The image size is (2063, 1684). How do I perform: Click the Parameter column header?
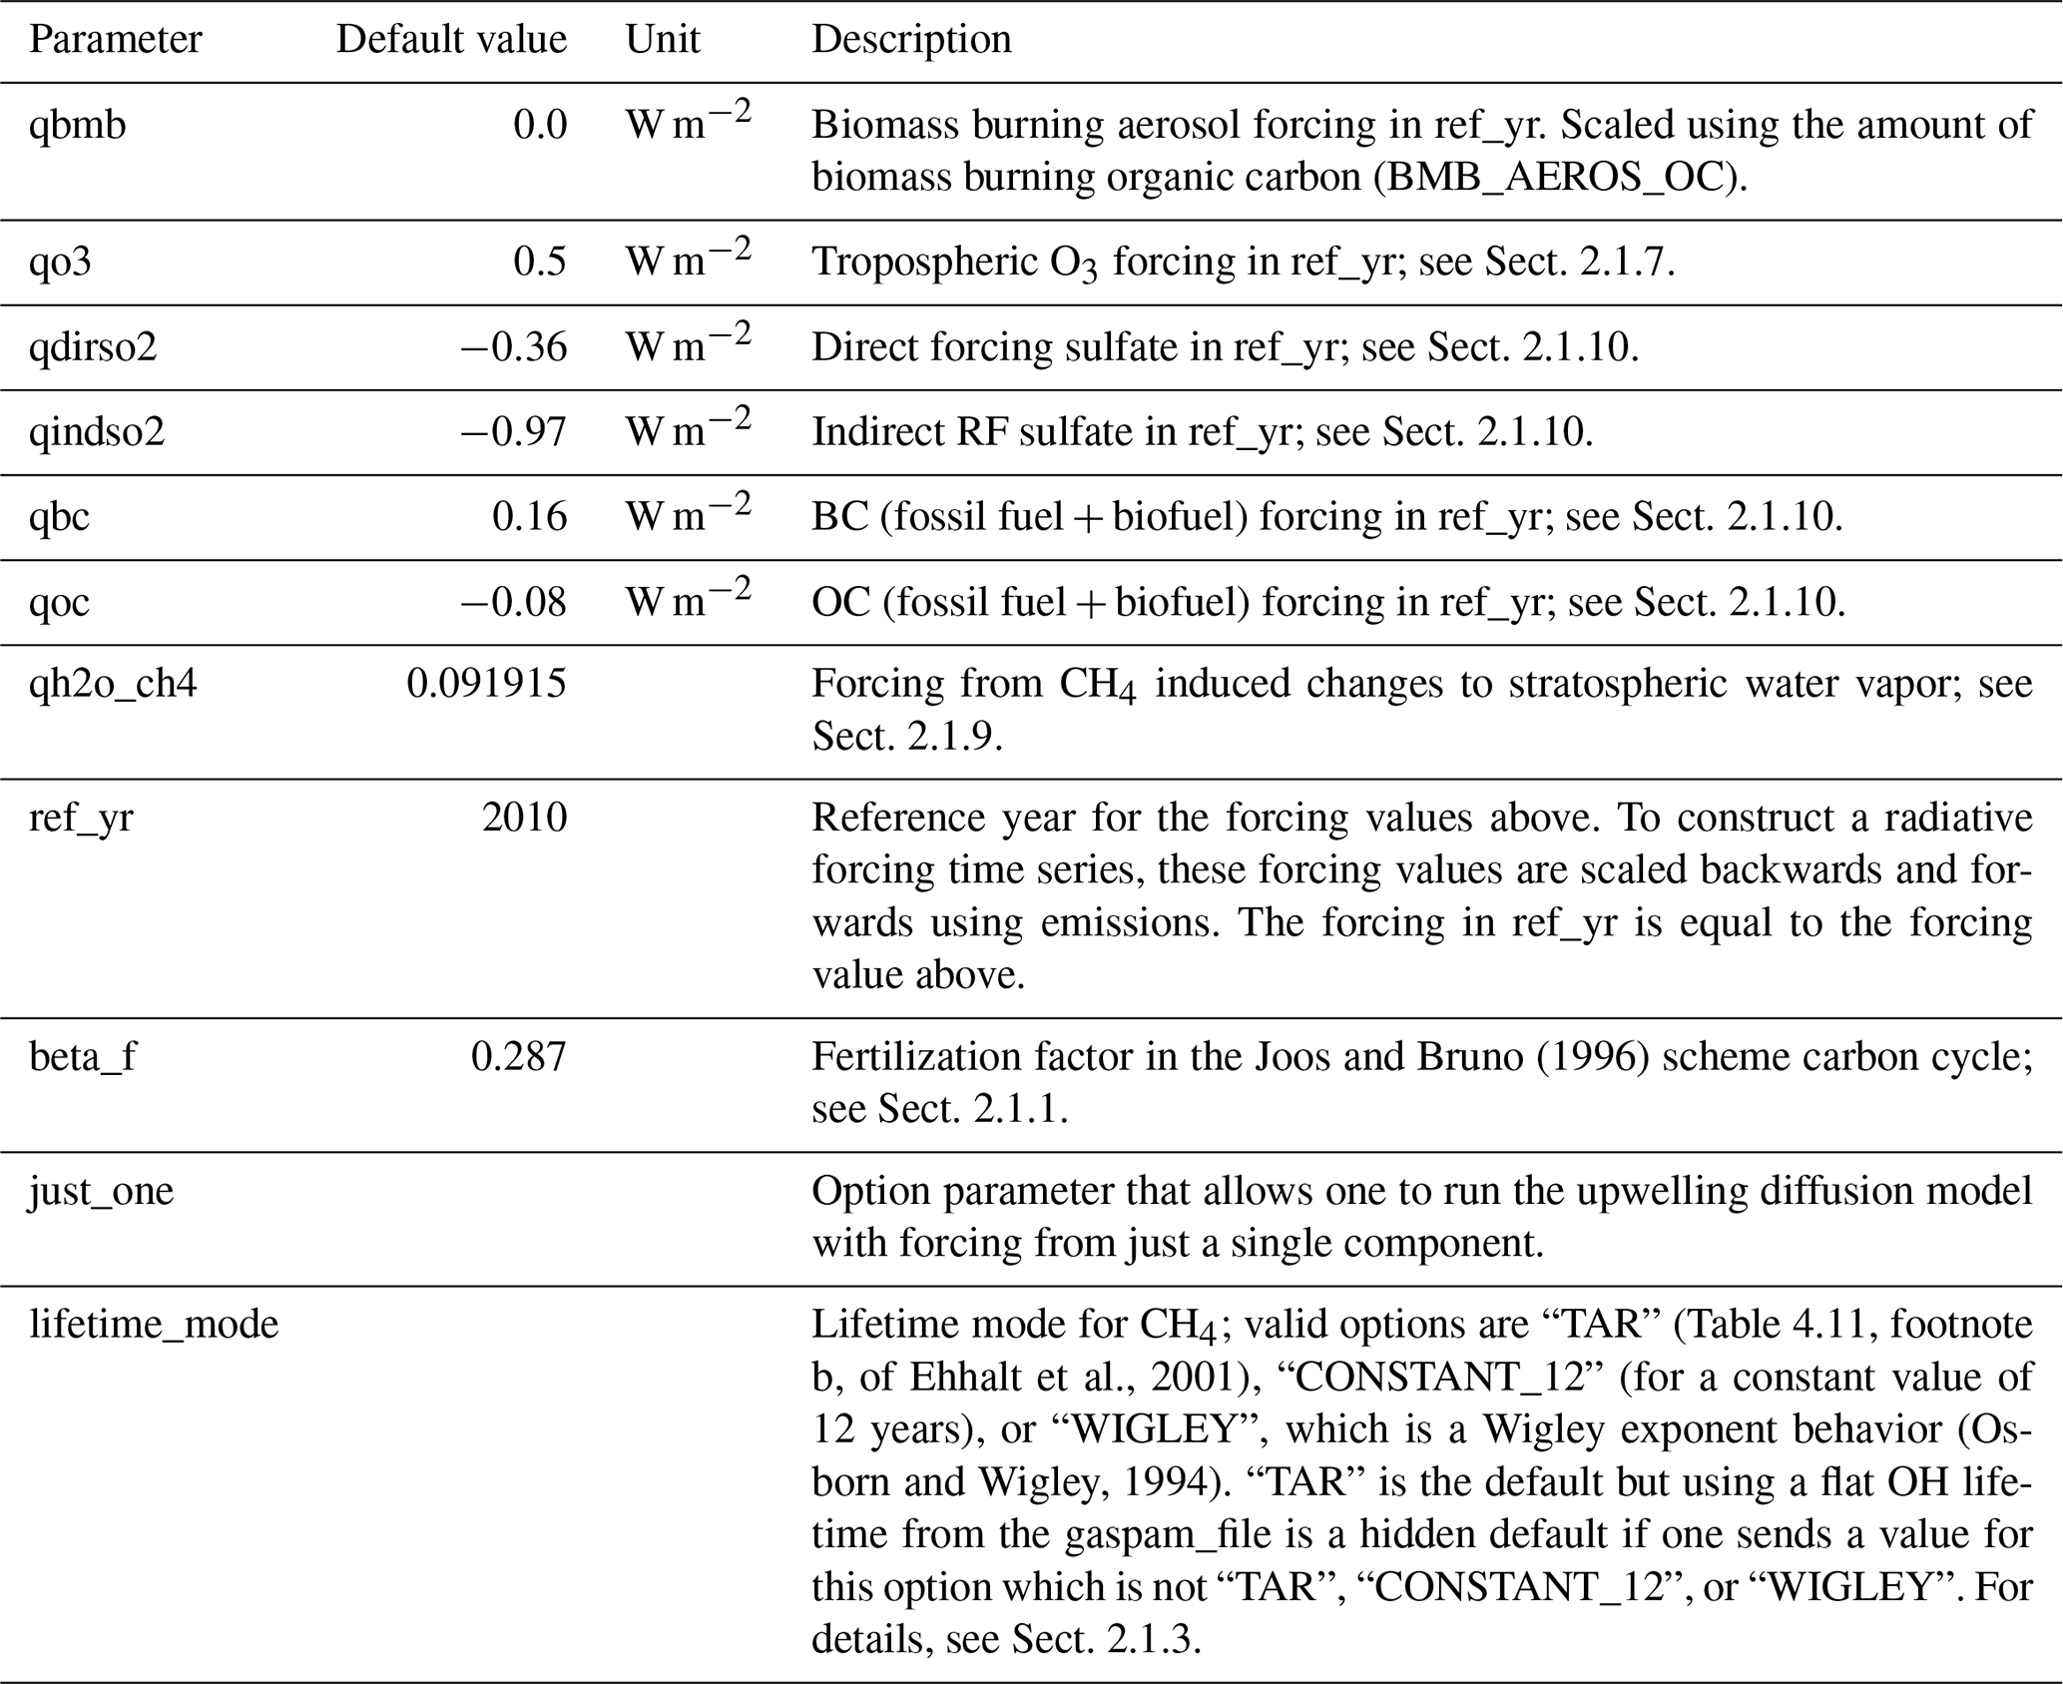pyautogui.click(x=115, y=40)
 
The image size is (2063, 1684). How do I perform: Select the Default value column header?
pyautogui.click(x=451, y=40)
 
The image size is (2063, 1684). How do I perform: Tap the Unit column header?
pyautogui.click(x=663, y=40)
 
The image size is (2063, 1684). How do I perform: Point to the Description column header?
pyautogui.click(x=911, y=40)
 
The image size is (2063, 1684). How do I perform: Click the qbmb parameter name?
pyautogui.click(x=78, y=125)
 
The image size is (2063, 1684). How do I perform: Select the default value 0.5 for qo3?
pyautogui.click(x=540, y=262)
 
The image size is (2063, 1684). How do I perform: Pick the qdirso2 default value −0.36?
pyautogui.click(x=514, y=346)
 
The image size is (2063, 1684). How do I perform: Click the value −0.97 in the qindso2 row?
pyautogui.click(x=514, y=431)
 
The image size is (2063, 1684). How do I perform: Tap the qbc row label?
pyautogui.click(x=60, y=516)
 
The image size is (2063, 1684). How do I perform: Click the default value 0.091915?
pyautogui.click(x=486, y=684)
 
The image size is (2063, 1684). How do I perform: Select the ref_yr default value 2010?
pyautogui.click(x=524, y=818)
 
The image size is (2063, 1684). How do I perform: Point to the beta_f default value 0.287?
pyautogui.click(x=518, y=1056)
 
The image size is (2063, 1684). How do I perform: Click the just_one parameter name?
pyautogui.click(x=102, y=1191)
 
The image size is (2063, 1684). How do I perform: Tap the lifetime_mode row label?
pyautogui.click(x=154, y=1325)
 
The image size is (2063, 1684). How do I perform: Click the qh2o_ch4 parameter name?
pyautogui.click(x=113, y=684)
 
